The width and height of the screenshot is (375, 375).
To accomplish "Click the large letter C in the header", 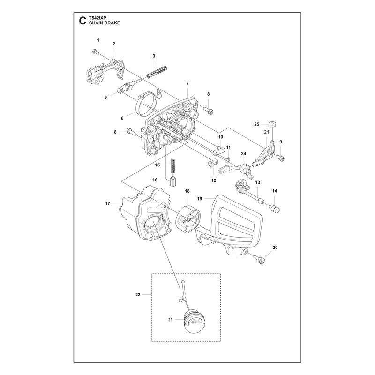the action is (82, 21).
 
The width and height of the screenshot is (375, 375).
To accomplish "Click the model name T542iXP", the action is (97, 18).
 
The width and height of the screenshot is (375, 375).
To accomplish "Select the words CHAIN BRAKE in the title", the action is (105, 23).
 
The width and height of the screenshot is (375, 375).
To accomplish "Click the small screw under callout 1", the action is (95, 52).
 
